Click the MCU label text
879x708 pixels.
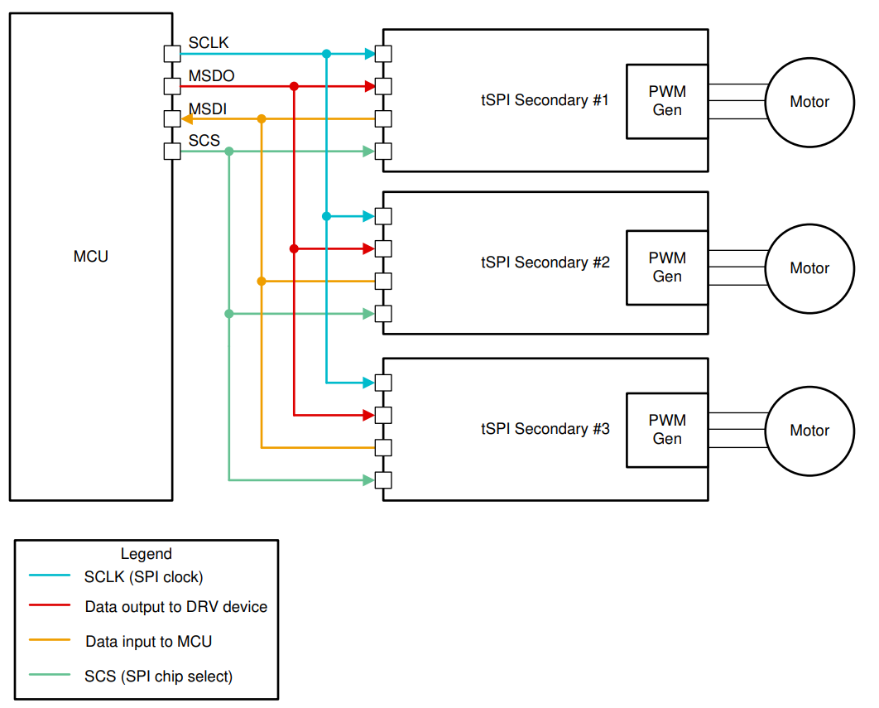(x=91, y=257)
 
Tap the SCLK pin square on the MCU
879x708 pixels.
(x=172, y=54)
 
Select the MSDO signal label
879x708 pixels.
(x=211, y=76)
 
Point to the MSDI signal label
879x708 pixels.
(x=208, y=108)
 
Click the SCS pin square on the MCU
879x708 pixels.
(x=172, y=152)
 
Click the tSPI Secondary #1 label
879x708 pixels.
(x=545, y=101)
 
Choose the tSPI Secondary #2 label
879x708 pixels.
(x=545, y=262)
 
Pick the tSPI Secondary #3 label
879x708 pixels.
(x=545, y=429)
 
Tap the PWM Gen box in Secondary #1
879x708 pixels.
(x=667, y=101)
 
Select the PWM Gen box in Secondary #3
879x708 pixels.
(x=667, y=430)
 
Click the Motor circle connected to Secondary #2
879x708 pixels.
(x=809, y=268)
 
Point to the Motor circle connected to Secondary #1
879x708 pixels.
(x=809, y=102)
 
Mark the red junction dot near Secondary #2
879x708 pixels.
(x=294, y=248)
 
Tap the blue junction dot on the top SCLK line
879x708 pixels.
(x=326, y=54)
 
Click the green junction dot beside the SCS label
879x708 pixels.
(x=229, y=152)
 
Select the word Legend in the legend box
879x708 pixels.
(x=146, y=554)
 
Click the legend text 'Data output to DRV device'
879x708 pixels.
(x=175, y=607)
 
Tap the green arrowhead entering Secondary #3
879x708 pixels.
(x=368, y=480)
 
